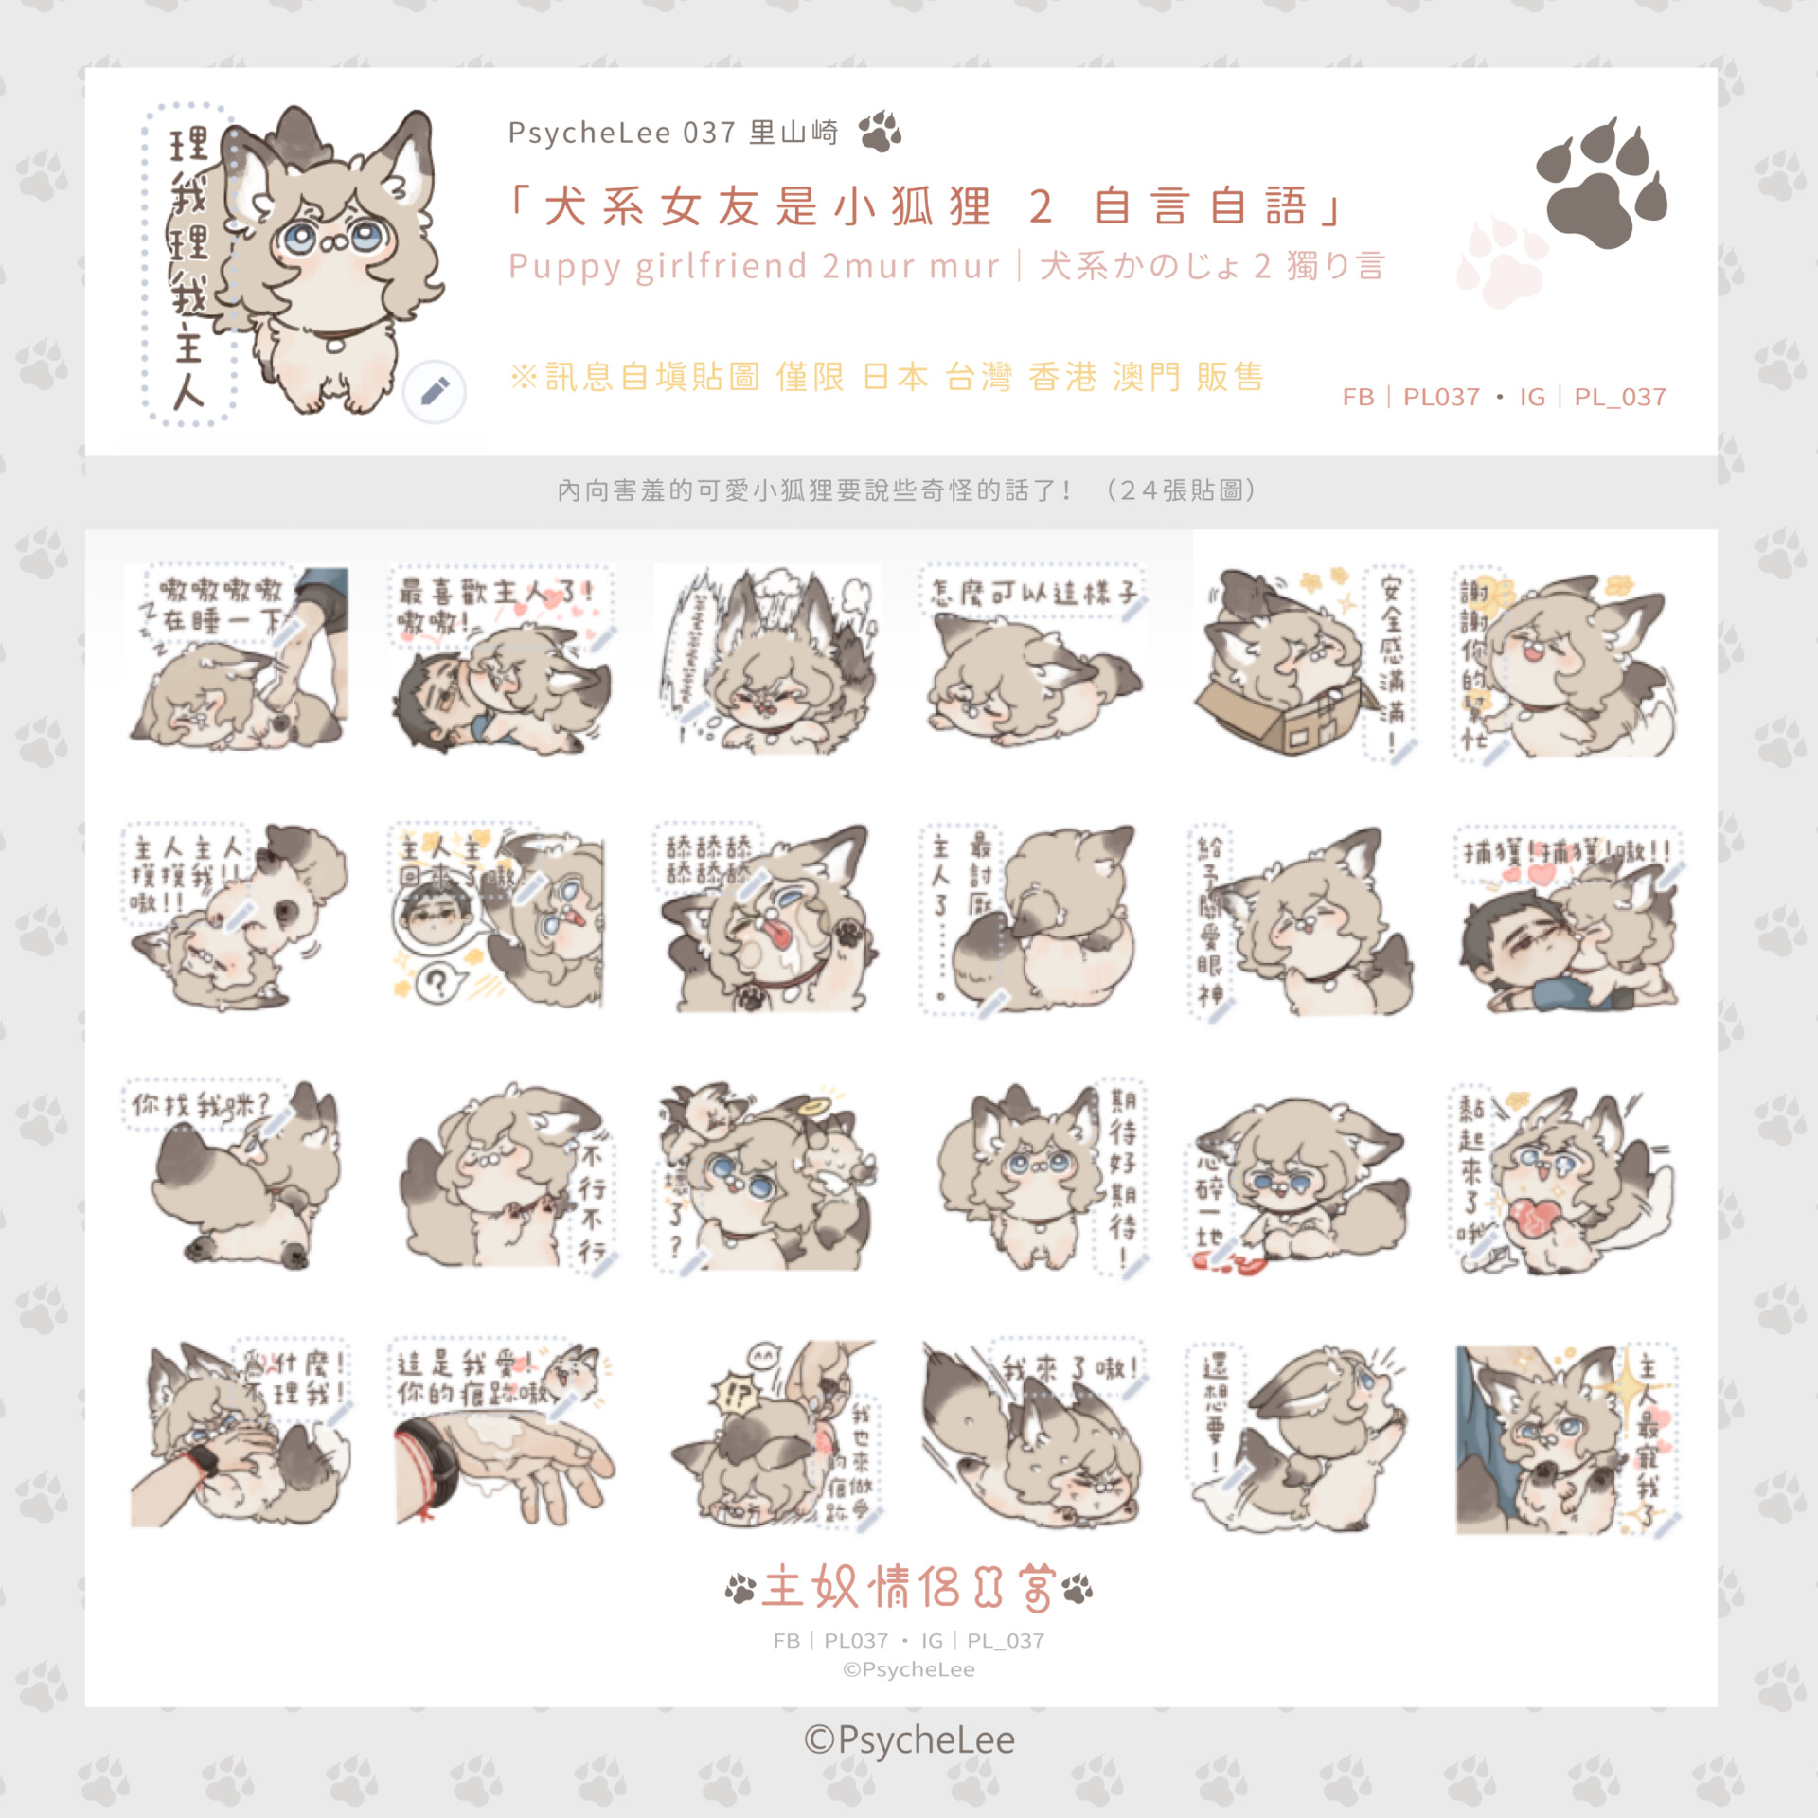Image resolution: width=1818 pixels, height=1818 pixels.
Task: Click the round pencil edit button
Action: point(435,391)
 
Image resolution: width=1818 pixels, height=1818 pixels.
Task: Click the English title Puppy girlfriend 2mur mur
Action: point(754,266)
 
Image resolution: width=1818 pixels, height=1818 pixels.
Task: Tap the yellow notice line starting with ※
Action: point(887,377)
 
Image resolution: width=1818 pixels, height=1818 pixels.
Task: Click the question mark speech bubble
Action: point(437,983)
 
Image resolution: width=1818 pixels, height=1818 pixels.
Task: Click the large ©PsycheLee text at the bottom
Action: point(909,1740)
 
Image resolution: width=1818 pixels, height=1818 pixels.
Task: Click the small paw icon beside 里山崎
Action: point(880,132)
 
